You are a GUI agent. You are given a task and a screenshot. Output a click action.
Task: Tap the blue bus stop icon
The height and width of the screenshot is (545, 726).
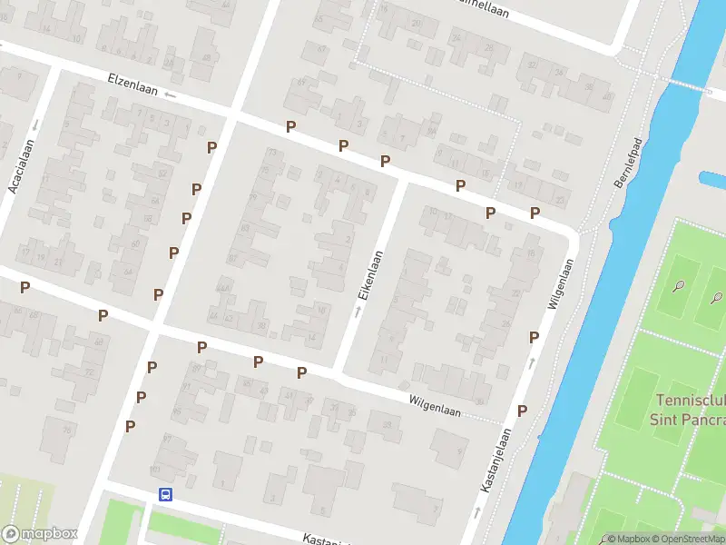(166, 494)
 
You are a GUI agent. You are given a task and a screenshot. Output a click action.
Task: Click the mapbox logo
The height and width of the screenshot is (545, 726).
(39, 533)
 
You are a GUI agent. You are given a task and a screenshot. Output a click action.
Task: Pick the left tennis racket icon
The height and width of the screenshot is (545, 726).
(679, 286)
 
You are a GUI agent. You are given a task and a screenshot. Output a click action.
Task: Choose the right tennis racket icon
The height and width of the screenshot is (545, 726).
(717, 296)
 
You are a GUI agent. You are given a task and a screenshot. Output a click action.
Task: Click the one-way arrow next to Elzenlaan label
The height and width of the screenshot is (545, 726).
(170, 94)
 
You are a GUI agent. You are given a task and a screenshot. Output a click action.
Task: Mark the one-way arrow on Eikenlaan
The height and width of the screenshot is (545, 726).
(357, 312)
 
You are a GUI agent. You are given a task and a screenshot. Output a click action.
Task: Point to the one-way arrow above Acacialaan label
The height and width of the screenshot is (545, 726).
(35, 124)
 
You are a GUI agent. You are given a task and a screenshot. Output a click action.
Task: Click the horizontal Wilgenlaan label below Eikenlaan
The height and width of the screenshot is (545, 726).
(435, 405)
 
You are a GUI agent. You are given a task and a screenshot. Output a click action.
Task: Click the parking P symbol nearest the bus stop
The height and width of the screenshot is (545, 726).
(131, 426)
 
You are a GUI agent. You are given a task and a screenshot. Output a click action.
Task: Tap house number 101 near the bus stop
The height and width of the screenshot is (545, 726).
(154, 470)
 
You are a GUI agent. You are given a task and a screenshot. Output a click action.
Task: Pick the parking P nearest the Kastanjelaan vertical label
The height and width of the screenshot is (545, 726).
(522, 411)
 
